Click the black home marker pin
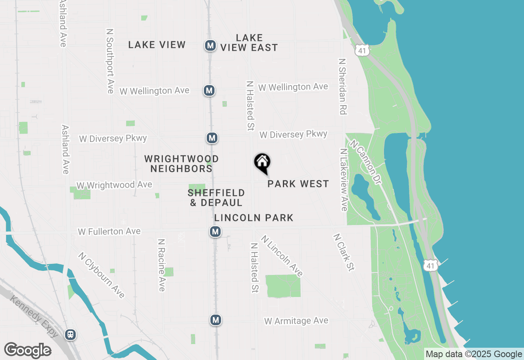coord(262,163)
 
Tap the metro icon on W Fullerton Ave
coord(215,232)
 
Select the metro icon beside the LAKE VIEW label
coord(210,45)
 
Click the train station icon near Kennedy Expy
coord(70,335)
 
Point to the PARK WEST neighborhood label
coord(298,184)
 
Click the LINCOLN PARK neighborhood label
coord(254,218)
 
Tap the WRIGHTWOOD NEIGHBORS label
coord(181,163)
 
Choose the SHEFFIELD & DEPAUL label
coord(216,197)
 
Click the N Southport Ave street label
coord(109,61)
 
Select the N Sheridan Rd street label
coord(342,86)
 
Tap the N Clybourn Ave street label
coord(102,275)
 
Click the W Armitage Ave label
coord(296,321)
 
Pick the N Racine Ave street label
coord(162,265)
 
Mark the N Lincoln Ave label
coord(282,256)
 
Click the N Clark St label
coord(343,252)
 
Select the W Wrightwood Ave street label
coord(114,185)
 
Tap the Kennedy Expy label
coord(34,317)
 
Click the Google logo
coord(27,351)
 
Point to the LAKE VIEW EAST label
coord(249,43)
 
